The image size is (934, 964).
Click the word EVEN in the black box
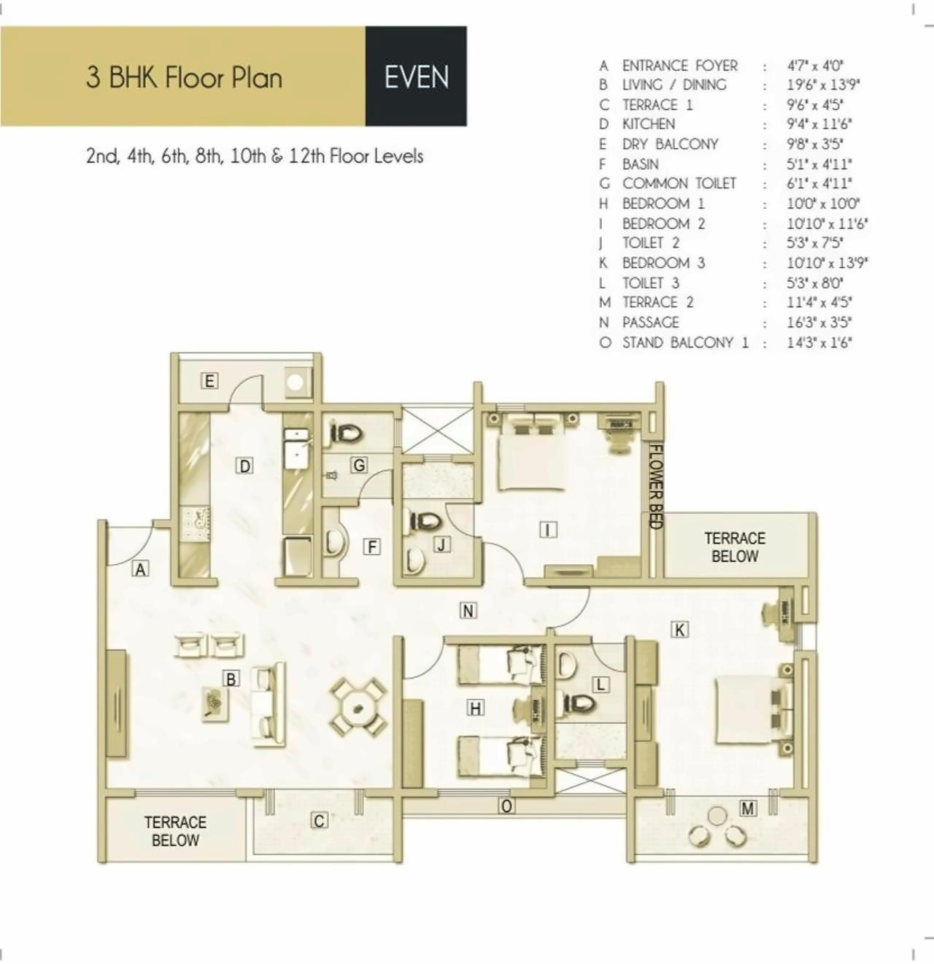click(416, 77)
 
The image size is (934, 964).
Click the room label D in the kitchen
click(244, 466)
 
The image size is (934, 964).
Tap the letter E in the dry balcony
click(209, 380)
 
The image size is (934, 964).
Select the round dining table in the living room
click(358, 707)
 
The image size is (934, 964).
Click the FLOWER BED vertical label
click(656, 486)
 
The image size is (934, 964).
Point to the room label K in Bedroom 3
click(679, 629)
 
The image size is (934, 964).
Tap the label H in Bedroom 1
click(475, 707)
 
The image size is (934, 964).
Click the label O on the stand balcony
click(506, 806)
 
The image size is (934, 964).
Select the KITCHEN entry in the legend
click(648, 124)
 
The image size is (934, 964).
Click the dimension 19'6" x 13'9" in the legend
click(822, 85)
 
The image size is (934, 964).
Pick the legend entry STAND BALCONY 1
click(684, 342)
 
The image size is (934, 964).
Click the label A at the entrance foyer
click(140, 568)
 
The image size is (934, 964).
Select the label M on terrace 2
click(747, 808)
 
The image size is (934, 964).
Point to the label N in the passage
click(468, 610)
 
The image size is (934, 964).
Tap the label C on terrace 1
click(319, 821)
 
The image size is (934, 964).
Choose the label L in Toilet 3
click(601, 684)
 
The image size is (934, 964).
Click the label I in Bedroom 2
click(547, 529)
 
